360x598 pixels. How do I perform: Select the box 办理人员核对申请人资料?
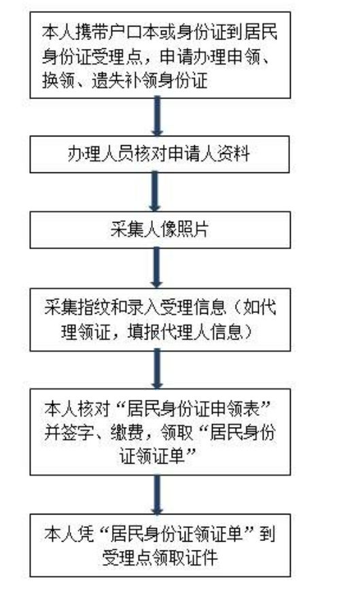click(160, 154)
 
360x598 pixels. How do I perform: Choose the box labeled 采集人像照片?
click(160, 230)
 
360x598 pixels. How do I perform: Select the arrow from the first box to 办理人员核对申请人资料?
click(156, 116)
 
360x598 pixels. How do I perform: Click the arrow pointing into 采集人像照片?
click(155, 191)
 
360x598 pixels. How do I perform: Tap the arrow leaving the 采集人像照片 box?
click(156, 267)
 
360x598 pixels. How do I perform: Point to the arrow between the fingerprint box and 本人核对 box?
click(157, 369)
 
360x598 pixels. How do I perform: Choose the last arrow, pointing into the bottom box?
click(157, 494)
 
